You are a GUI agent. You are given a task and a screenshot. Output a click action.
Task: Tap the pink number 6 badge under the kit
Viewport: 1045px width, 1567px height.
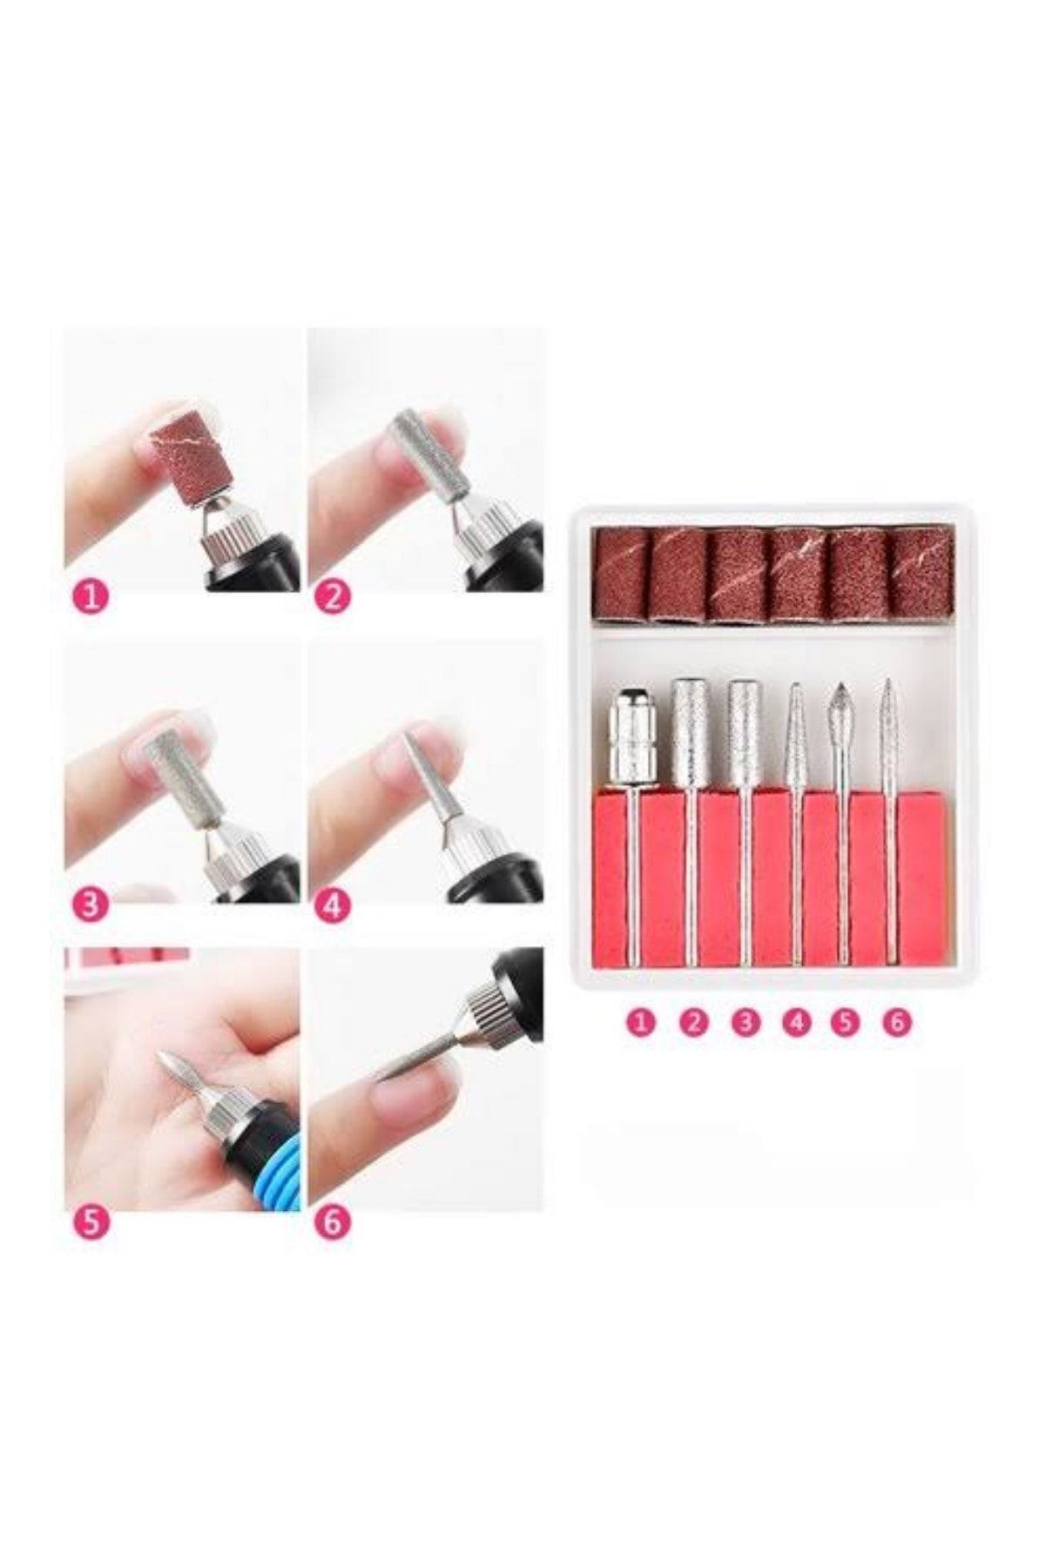(896, 1021)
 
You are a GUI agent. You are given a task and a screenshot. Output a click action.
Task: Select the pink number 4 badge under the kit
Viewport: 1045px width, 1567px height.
(796, 1021)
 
